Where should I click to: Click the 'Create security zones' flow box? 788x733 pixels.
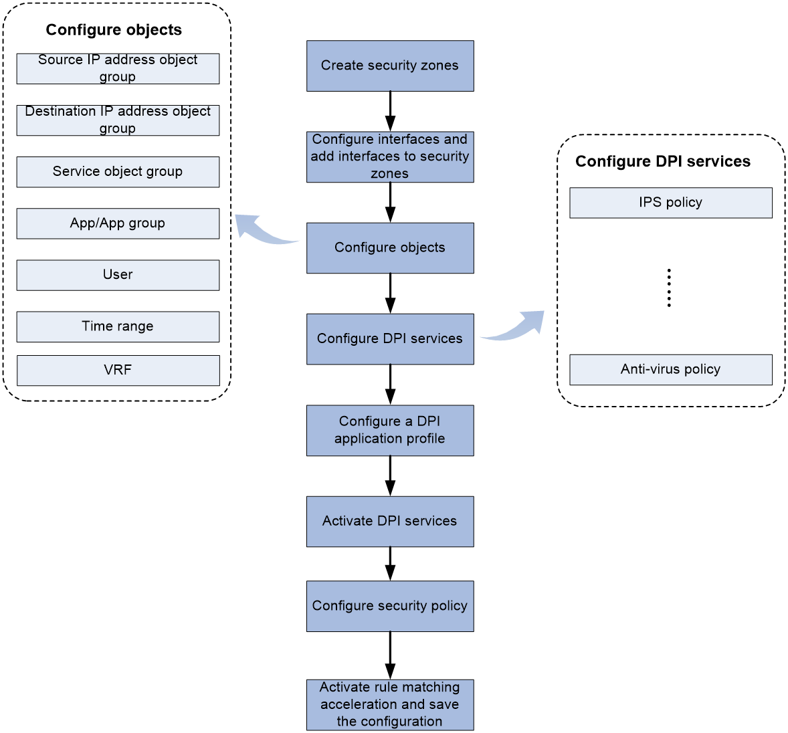(390, 66)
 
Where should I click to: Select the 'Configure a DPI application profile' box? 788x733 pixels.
(390, 431)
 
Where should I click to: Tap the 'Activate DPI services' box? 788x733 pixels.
(390, 522)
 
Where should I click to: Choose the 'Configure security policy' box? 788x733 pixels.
(390, 607)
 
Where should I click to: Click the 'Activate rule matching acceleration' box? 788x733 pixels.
(390, 705)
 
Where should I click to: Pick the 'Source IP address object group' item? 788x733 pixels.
(118, 69)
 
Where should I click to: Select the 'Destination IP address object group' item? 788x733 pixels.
(118, 120)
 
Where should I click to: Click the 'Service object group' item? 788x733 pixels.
(118, 172)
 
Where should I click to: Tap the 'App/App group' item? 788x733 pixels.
(118, 223)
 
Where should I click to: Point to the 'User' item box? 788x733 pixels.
(118, 276)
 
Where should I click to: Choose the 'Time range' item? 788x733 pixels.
(118, 327)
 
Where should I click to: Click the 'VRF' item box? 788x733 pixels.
(118, 371)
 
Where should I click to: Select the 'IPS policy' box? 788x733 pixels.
(671, 203)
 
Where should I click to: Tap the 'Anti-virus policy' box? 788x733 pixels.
(671, 370)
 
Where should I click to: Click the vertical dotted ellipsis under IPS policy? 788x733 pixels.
(669, 288)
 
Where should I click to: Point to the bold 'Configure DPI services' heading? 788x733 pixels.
(663, 161)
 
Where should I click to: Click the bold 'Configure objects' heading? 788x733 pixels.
(114, 30)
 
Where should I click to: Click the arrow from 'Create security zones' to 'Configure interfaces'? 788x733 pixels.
(390, 111)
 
